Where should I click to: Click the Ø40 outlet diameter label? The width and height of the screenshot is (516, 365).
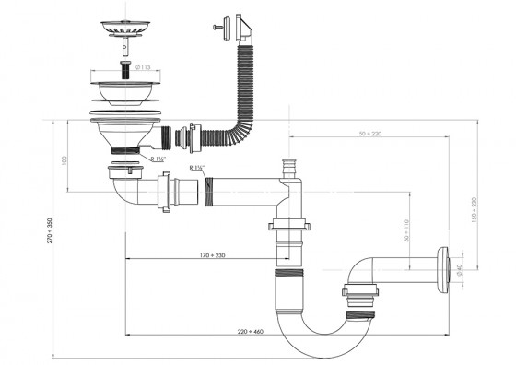[x=457, y=268]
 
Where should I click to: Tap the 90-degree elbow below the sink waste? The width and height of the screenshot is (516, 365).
[x=124, y=192]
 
